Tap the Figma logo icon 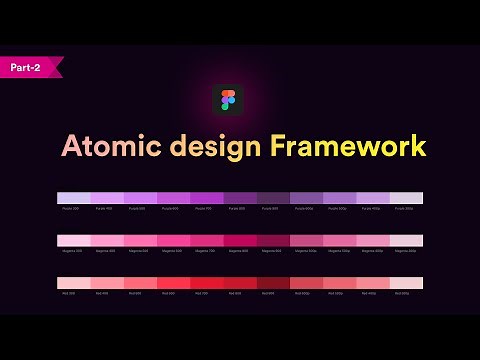pos(228,100)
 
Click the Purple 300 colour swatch pos(74,198)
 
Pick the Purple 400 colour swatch pos(107,198)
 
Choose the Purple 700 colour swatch pos(207,198)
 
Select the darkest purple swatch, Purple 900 pos(273,198)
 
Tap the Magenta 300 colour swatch pos(74,241)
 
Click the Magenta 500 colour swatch pos(140,241)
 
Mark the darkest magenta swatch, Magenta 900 pos(273,241)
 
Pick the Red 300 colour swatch pos(74,283)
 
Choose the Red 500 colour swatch pos(140,283)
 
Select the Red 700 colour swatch pos(207,283)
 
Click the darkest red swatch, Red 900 pos(273,283)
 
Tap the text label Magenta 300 pos(71,251)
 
